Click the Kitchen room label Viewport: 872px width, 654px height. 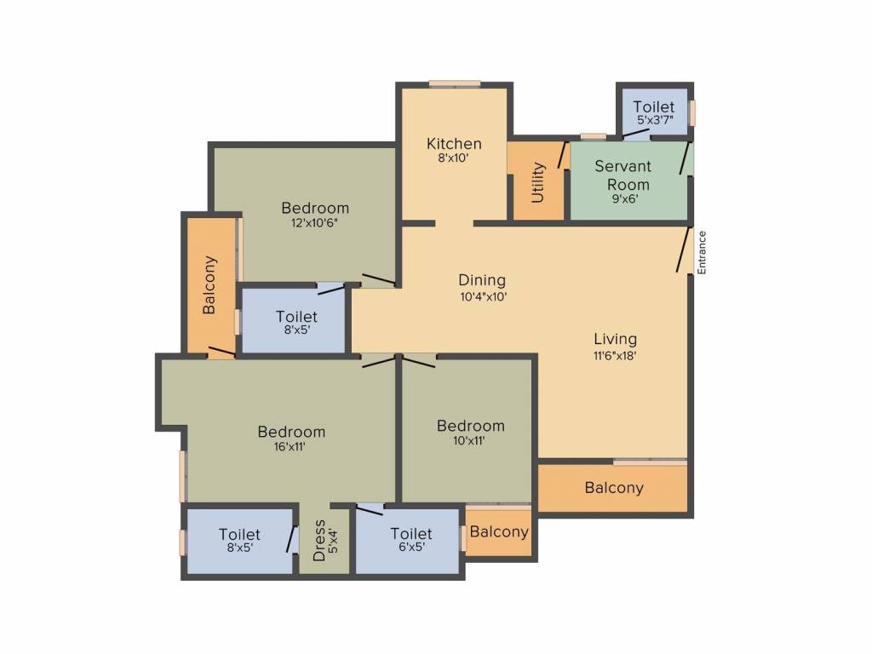click(x=454, y=144)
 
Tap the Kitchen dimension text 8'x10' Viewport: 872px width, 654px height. click(x=453, y=158)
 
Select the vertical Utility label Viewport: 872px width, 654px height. click(x=537, y=182)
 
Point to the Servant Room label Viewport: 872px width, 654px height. click(x=622, y=175)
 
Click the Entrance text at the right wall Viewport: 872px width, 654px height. click(x=702, y=252)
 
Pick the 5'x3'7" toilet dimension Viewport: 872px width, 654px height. click(x=655, y=119)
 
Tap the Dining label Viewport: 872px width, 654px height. click(x=482, y=280)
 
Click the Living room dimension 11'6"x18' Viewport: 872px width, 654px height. click(x=615, y=355)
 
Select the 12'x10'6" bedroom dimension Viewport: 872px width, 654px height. click(x=315, y=223)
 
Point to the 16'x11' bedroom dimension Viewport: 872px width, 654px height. click(x=290, y=446)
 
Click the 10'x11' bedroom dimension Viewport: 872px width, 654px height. click(x=469, y=441)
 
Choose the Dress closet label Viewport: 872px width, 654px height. click(x=319, y=541)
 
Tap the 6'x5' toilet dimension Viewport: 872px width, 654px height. click(x=411, y=547)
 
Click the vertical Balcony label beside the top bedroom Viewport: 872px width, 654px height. click(x=209, y=284)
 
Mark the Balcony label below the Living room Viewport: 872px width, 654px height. click(x=614, y=488)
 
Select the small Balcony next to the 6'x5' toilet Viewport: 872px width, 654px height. click(x=499, y=531)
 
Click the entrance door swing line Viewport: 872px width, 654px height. click(x=684, y=250)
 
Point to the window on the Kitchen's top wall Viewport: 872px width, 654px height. click(x=455, y=84)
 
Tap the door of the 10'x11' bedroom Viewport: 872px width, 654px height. click(x=418, y=361)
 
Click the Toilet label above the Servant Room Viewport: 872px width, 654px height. click(x=653, y=106)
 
